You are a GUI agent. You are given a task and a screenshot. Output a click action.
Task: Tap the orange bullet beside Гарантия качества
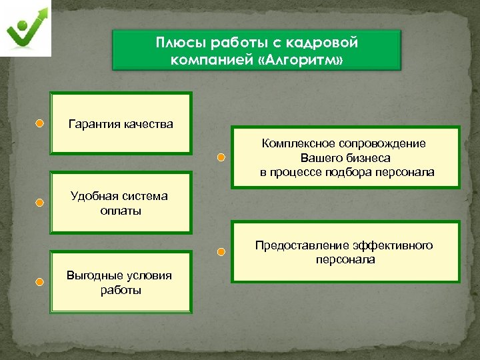[x=40, y=123]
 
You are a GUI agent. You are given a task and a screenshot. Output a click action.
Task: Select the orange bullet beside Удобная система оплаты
[x=40, y=202]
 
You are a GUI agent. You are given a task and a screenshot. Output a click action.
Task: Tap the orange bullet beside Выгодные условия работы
[x=40, y=281]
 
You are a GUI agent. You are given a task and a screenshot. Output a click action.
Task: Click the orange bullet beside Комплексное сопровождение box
[x=221, y=158]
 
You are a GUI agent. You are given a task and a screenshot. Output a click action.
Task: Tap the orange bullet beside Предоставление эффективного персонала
[x=221, y=252]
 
